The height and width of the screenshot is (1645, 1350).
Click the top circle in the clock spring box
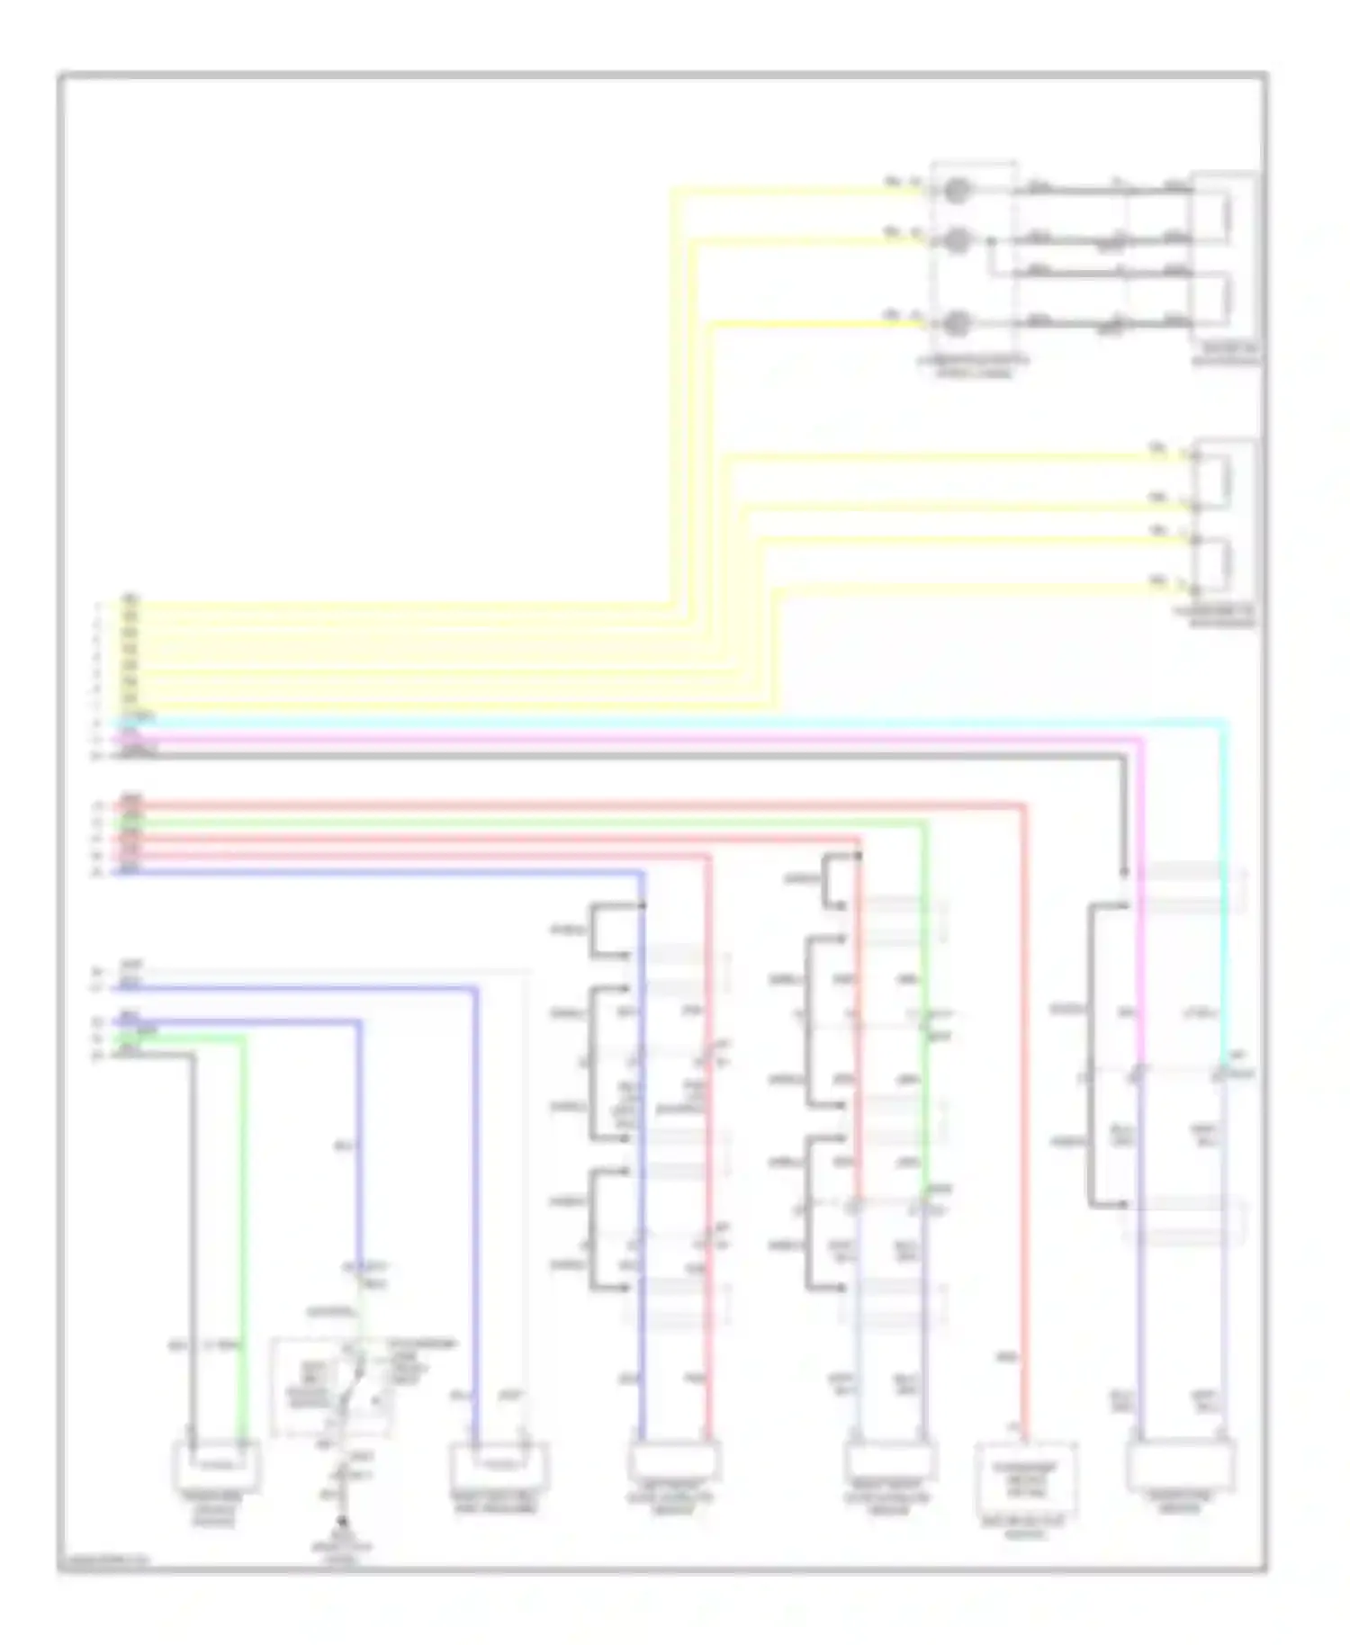(x=958, y=191)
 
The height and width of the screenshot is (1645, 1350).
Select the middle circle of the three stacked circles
(x=958, y=240)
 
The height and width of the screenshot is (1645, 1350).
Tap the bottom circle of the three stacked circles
(x=958, y=322)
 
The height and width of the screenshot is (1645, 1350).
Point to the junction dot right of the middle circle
(x=991, y=241)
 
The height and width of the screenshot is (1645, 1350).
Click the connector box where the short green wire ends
(x=216, y=1464)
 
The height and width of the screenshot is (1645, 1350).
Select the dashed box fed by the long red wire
(x=1026, y=1478)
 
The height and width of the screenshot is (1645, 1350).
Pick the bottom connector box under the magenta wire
(x=1180, y=1465)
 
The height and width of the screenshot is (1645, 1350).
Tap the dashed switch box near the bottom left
(x=331, y=1387)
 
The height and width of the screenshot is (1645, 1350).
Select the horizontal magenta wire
(x=630, y=740)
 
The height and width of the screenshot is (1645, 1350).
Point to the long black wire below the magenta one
(x=630, y=757)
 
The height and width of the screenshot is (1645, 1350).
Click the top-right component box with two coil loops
(x=1225, y=261)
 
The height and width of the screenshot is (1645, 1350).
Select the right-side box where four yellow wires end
(x=1225, y=526)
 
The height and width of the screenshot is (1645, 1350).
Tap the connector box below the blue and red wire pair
(x=674, y=1463)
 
